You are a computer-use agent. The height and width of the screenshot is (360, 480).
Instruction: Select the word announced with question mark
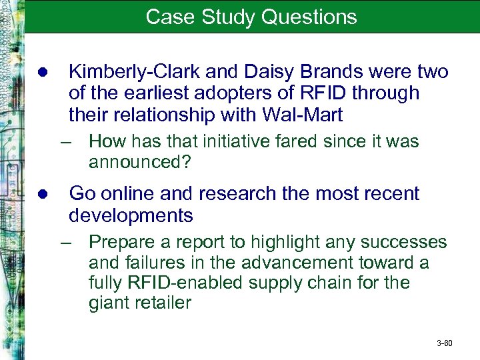point(136,161)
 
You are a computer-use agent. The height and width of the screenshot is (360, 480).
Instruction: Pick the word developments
point(131,216)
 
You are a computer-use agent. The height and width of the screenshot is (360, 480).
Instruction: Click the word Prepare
point(123,241)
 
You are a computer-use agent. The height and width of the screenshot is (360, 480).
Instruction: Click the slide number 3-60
point(444,343)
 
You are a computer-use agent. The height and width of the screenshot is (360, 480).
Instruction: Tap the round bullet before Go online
point(42,195)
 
